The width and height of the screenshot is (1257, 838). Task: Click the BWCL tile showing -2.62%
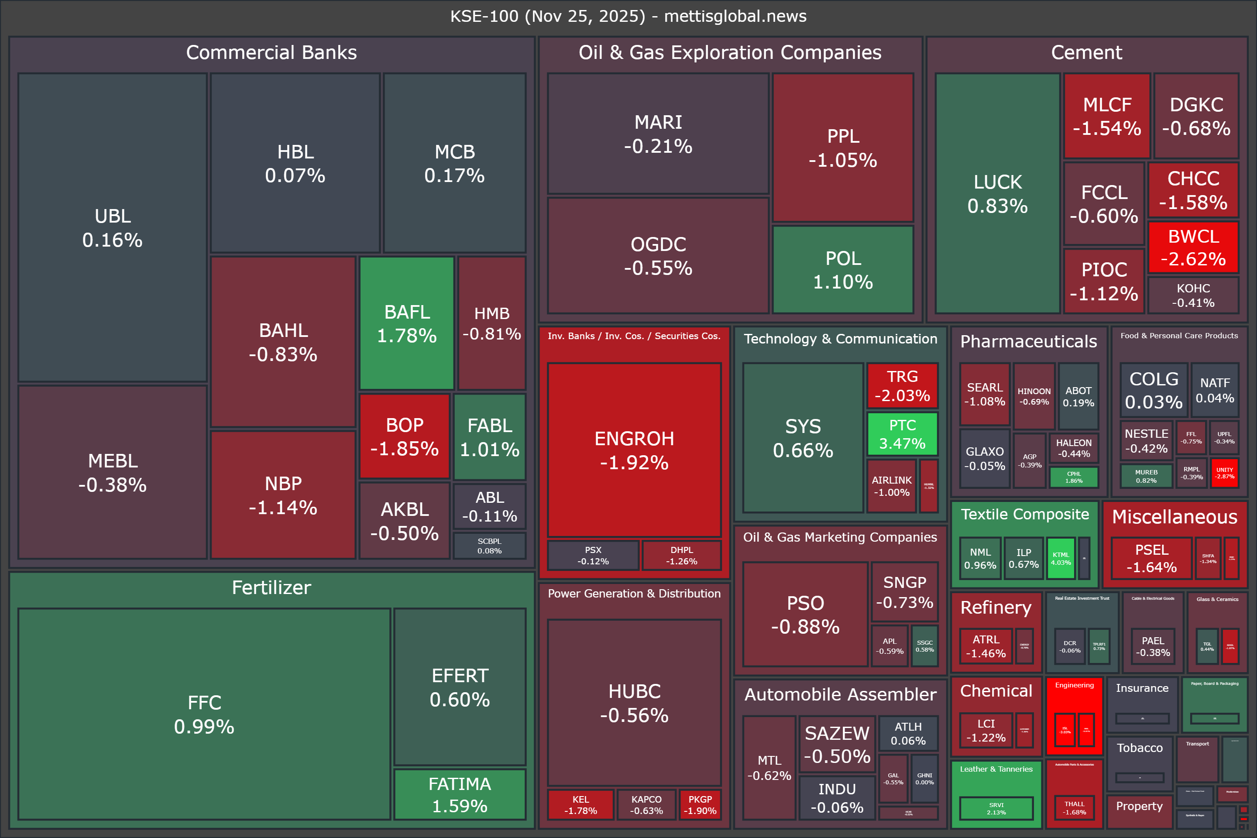(x=1193, y=247)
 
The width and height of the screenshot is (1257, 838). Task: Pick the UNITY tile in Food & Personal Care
(x=1224, y=473)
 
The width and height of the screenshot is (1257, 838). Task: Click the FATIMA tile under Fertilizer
(x=460, y=794)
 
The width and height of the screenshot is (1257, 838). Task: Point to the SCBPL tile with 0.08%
(x=490, y=546)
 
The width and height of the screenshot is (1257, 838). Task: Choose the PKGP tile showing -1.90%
(x=700, y=805)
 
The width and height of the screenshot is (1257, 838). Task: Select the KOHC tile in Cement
(x=1193, y=295)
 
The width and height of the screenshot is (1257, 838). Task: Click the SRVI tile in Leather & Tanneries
(x=996, y=808)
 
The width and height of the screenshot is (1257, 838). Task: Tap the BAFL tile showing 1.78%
(x=407, y=323)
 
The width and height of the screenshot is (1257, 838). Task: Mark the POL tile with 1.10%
(x=843, y=270)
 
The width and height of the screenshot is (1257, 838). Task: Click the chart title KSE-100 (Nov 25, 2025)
(x=628, y=16)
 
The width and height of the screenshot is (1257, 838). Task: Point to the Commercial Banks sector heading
(x=271, y=52)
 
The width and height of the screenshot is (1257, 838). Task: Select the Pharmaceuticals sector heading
(x=1028, y=341)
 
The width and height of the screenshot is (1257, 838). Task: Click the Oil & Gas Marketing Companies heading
(x=840, y=537)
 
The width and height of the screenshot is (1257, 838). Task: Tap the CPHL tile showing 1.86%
(x=1074, y=477)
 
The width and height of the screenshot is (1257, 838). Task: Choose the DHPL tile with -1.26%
(x=681, y=555)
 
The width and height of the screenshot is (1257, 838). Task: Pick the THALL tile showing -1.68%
(x=1074, y=807)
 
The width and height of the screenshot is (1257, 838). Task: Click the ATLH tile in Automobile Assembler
(x=908, y=733)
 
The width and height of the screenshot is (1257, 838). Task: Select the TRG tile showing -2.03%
(x=902, y=386)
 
